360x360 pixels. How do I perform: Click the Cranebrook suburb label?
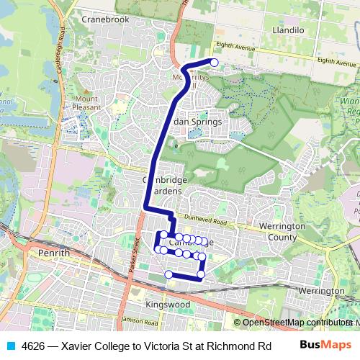pyautogui.click(x=105, y=19)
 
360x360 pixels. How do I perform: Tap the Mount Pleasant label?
pyautogui.click(x=86, y=103)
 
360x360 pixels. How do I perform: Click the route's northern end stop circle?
pyautogui.click(x=214, y=63)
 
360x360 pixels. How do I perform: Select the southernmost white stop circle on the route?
pyautogui.click(x=169, y=274)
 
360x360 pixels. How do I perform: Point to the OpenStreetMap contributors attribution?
pyautogui.click(x=297, y=323)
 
